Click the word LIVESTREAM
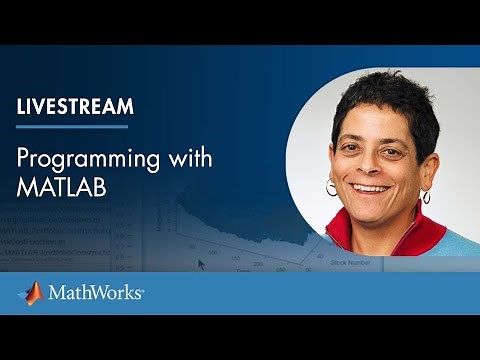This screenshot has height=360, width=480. (x=75, y=107)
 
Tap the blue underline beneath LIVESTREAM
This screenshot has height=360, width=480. (x=72, y=126)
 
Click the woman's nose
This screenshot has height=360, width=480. (x=372, y=165)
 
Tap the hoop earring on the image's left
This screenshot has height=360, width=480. (x=331, y=187)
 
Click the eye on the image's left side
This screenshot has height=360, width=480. (x=353, y=149)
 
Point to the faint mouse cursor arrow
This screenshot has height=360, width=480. (x=202, y=264)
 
